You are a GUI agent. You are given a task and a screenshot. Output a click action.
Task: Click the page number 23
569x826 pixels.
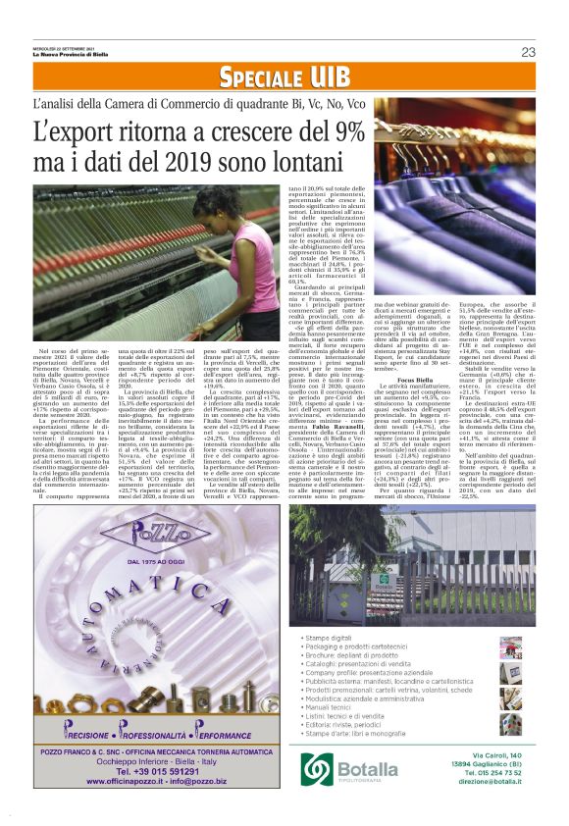point(528,52)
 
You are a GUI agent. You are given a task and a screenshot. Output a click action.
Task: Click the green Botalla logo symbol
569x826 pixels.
point(317,766)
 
